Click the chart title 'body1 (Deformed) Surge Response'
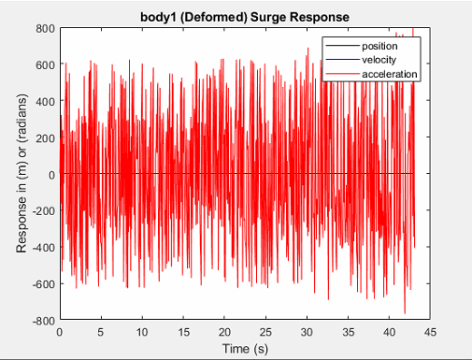[x=244, y=16]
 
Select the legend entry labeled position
[x=379, y=46]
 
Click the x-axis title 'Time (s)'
[x=244, y=348]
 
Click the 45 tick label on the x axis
[x=431, y=331]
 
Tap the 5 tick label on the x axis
[x=101, y=331]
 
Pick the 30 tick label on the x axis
[x=307, y=331]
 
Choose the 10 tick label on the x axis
[x=142, y=331]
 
